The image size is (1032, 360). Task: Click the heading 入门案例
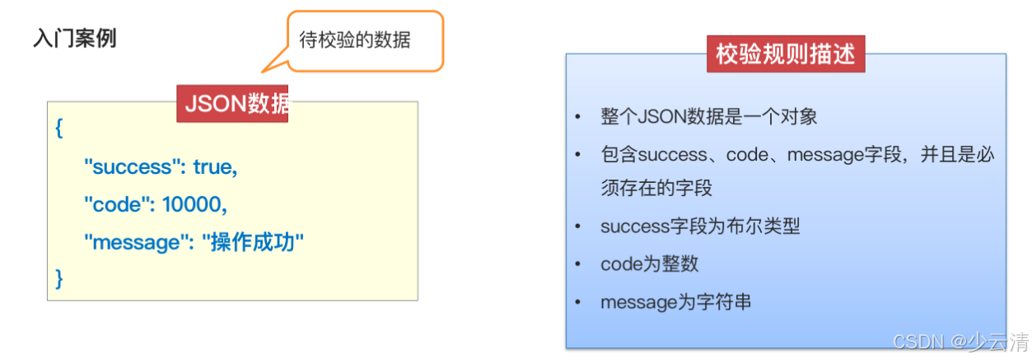(74, 39)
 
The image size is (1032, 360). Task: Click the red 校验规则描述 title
(785, 54)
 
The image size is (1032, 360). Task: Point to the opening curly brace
(59, 130)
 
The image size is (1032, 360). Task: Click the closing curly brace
(59, 278)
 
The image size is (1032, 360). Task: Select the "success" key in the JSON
(133, 167)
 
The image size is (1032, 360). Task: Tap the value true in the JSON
(215, 167)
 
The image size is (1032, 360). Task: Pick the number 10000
(194, 204)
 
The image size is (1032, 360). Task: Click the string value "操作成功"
(253, 241)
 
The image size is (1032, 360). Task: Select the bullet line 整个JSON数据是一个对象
(708, 116)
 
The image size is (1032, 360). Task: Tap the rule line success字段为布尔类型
(700, 226)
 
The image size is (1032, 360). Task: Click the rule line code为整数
(650, 264)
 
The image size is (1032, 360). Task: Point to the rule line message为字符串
(675, 302)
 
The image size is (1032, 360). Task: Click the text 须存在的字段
(656, 188)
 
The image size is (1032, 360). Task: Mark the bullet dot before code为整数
(578, 264)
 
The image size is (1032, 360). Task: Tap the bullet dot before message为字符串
(578, 302)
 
